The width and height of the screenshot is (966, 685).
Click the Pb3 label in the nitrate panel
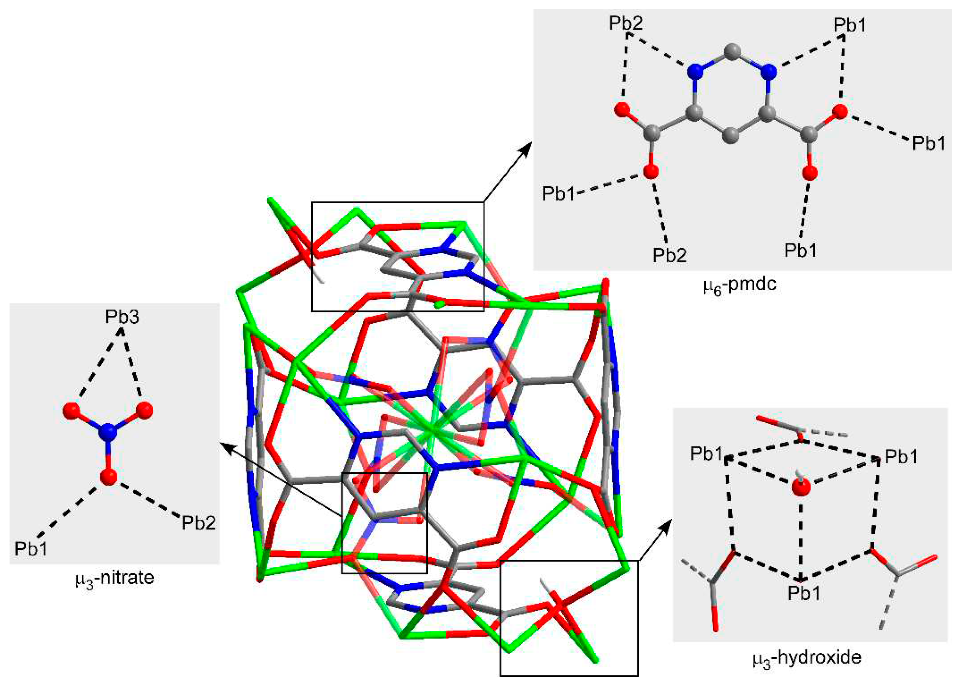[122, 317]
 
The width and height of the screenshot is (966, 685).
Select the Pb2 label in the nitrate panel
[199, 523]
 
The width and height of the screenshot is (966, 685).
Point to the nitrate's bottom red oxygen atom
[109, 476]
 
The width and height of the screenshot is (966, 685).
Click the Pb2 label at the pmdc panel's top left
[626, 23]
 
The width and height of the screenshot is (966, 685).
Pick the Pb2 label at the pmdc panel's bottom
[670, 255]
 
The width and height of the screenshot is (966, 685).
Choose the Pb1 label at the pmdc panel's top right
[850, 26]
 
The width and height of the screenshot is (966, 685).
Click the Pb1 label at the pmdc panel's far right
[929, 143]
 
